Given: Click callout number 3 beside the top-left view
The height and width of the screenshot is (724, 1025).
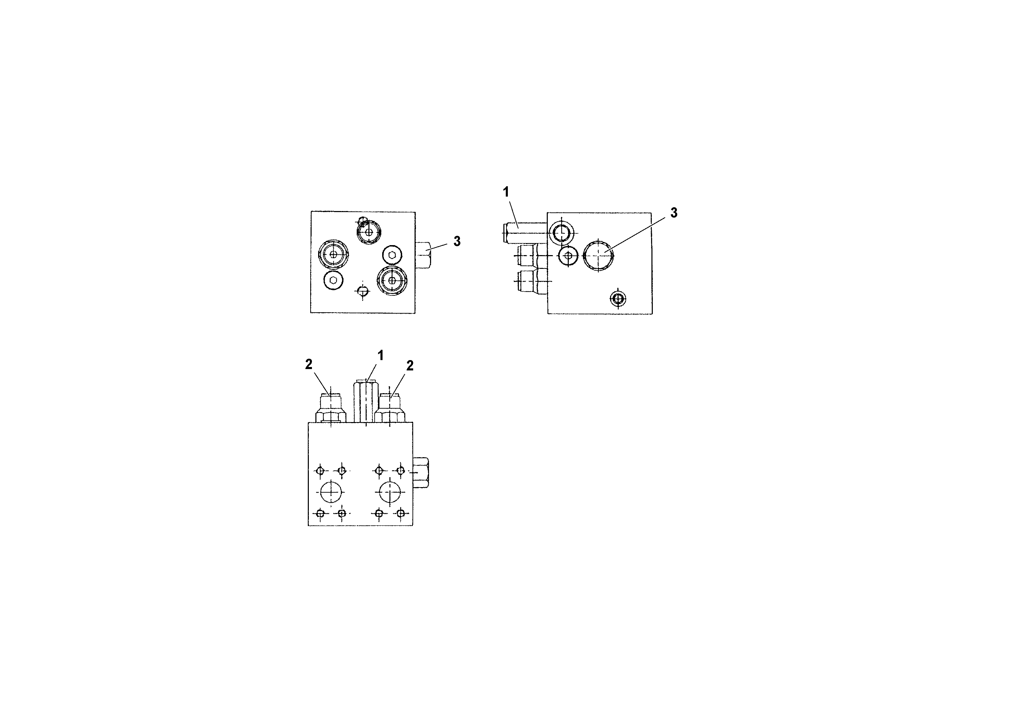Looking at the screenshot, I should point(457,241).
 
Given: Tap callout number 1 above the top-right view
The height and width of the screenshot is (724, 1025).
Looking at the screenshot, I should point(506,192).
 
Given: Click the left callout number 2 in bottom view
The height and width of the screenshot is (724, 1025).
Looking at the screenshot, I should point(309,365).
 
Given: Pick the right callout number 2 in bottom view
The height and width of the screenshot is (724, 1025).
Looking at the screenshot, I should point(410,366).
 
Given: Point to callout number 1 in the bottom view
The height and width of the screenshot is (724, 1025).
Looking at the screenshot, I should point(380,355).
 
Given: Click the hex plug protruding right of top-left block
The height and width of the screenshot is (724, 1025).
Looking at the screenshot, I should point(424,255).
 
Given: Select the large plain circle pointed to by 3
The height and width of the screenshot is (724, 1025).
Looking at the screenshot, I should point(598,255).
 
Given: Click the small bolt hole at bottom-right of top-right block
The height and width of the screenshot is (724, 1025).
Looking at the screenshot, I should point(618,298).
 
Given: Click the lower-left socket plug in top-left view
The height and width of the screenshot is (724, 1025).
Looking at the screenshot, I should point(333,280).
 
